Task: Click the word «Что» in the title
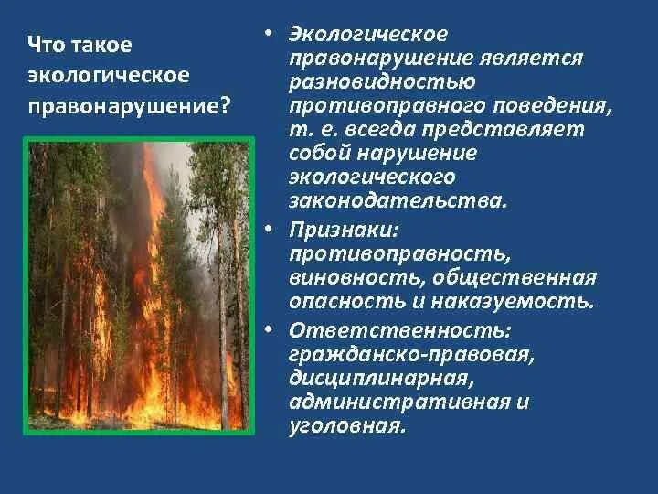pos(44,45)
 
